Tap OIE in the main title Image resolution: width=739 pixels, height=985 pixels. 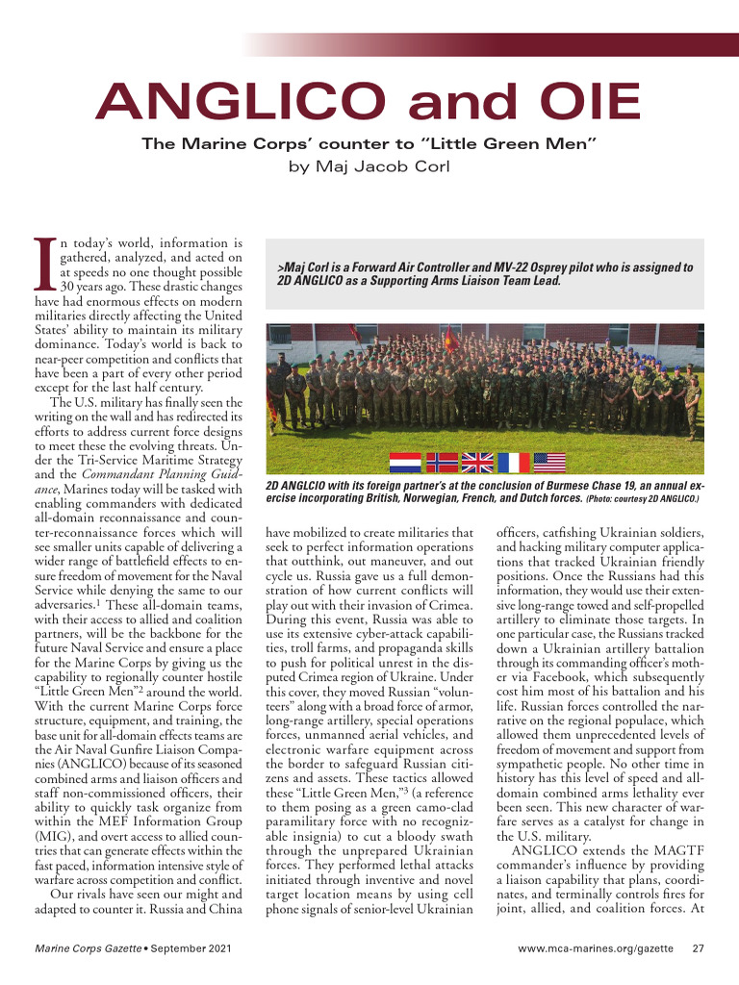[580, 102]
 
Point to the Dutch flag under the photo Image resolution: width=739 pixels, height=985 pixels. [405, 463]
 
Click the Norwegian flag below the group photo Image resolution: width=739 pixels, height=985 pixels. [442, 463]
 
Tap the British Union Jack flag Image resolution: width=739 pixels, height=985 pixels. [477, 463]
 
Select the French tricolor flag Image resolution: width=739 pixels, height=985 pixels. [513, 463]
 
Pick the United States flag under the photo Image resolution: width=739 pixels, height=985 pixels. [548, 463]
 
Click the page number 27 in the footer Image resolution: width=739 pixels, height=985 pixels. [700, 950]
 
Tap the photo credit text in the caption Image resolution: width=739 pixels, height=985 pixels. [642, 500]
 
